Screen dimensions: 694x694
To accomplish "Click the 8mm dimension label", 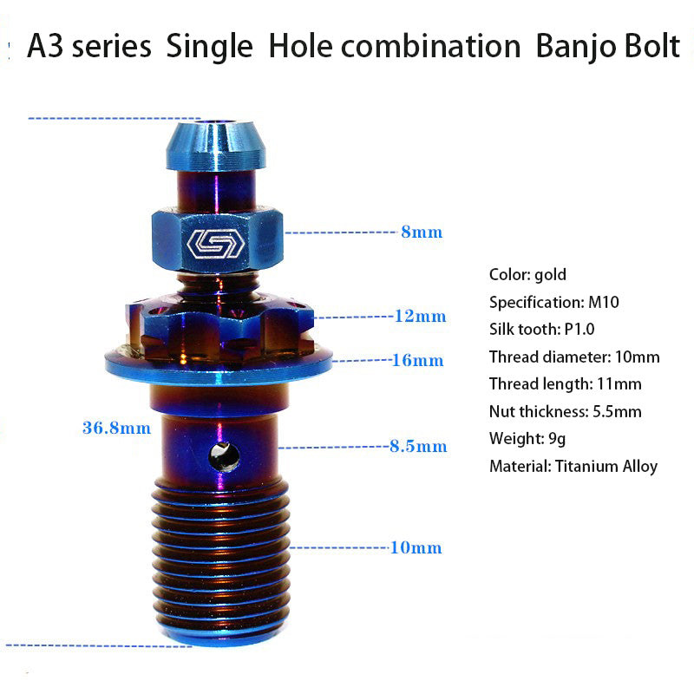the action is click(x=422, y=232).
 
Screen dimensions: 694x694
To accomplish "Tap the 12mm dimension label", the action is click(x=420, y=316).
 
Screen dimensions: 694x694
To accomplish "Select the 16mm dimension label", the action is click(x=418, y=360).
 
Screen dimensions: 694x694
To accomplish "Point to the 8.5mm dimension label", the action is click(x=418, y=446).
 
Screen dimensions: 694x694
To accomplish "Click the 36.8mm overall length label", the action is click(x=116, y=428).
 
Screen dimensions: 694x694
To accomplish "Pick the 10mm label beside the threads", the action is click(x=416, y=548).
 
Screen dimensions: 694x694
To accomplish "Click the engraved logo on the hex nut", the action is click(x=216, y=244).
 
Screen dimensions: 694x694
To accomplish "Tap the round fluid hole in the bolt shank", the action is click(x=224, y=457).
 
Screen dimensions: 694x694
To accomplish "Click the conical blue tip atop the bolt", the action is click(x=216, y=145).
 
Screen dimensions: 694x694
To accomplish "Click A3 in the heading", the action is click(x=45, y=46).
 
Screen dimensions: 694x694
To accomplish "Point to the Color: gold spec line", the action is click(x=527, y=275).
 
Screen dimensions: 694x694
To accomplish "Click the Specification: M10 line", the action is click(x=554, y=302).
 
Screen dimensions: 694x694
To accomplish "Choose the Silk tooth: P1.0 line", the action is click(x=541, y=330).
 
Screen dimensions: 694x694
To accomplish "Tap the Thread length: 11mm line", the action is click(x=566, y=384).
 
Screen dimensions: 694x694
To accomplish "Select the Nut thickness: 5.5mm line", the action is click(x=566, y=411).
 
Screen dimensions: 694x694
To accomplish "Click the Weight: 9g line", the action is click(x=527, y=439).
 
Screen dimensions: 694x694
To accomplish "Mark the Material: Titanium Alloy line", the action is click(x=573, y=467).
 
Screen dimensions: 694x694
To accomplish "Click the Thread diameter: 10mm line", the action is click(x=574, y=357).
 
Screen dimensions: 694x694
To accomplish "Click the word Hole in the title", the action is click(x=300, y=46).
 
